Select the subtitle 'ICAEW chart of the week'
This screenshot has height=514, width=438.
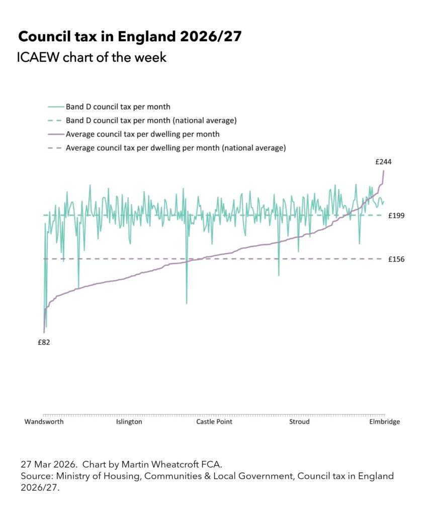pyautogui.click(x=92, y=58)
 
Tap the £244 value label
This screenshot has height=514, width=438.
pyautogui.click(x=383, y=162)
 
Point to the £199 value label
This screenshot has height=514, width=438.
pyautogui.click(x=397, y=215)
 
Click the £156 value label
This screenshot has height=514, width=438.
pyautogui.click(x=397, y=259)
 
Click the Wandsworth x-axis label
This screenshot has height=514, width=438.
pyautogui.click(x=44, y=422)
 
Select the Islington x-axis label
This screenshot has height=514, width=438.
pyautogui.click(x=129, y=422)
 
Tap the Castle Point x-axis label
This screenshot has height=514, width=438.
pyautogui.click(x=214, y=422)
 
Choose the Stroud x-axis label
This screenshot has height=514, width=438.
pyautogui.click(x=299, y=422)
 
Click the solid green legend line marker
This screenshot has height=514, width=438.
pyautogui.click(x=56, y=106)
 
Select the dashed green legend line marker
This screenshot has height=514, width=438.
pyautogui.click(x=56, y=120)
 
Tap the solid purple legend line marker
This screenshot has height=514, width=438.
pyautogui.click(x=56, y=135)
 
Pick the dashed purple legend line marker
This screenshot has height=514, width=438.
pyautogui.click(x=56, y=148)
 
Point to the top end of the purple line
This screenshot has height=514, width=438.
pyautogui.click(x=384, y=171)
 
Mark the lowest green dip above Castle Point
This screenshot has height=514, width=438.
pyautogui.click(x=187, y=303)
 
